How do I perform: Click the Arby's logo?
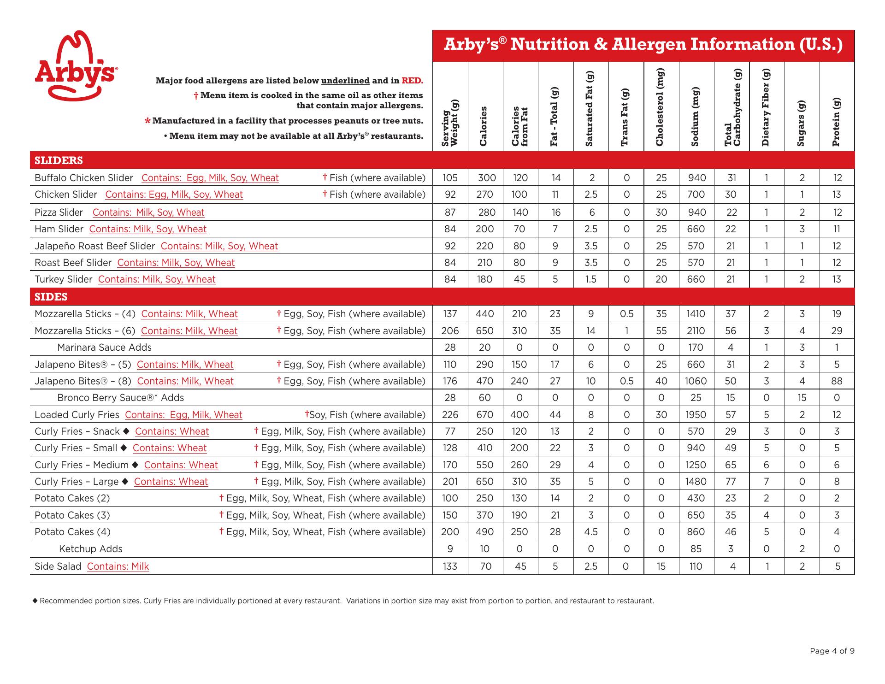[x=76, y=66]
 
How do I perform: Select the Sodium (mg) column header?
[x=696, y=117]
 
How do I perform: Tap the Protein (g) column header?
[x=837, y=122]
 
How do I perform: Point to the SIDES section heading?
[x=51, y=297]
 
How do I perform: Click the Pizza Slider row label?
[x=59, y=212]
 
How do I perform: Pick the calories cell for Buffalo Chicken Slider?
[x=487, y=178]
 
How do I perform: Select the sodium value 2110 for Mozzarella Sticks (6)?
[x=696, y=331]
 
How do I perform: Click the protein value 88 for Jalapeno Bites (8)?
[x=837, y=381]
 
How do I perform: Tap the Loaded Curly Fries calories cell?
[x=485, y=415]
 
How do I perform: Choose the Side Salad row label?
[x=58, y=566]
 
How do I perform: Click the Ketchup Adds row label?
[x=91, y=549]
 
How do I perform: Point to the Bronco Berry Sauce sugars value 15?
[x=802, y=398]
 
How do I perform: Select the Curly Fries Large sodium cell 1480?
[x=696, y=482]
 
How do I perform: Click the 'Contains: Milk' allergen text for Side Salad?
[x=118, y=566]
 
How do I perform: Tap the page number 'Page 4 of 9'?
[x=832, y=651]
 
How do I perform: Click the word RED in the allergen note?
[x=412, y=81]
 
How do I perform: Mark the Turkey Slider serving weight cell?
[x=450, y=279]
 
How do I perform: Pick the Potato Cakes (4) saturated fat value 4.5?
[x=591, y=532]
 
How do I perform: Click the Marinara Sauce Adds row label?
[x=104, y=348]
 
